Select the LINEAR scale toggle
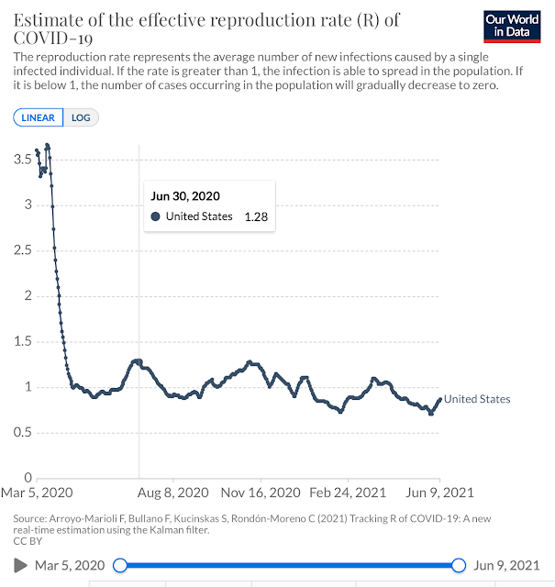click(38, 117)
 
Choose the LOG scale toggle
click(83, 117)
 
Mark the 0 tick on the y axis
click(28, 478)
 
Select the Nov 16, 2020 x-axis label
click(261, 493)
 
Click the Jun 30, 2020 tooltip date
click(185, 196)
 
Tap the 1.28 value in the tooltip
click(255, 216)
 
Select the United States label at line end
click(477, 399)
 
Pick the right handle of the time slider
click(460, 565)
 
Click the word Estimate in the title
click(46, 19)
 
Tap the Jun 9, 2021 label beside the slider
click(507, 565)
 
